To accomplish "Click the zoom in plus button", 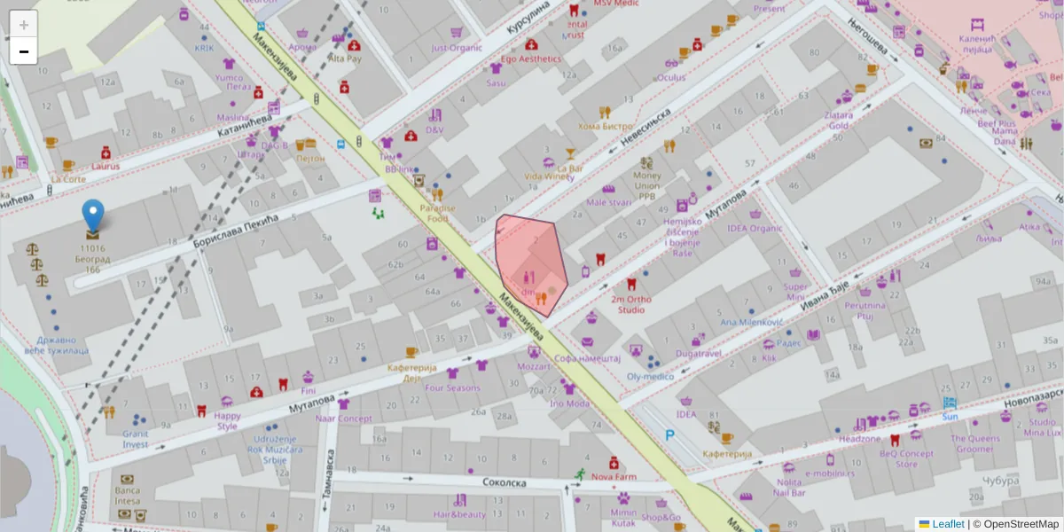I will coord(24,25).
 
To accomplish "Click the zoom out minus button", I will coord(24,51).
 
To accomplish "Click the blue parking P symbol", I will coord(671,435).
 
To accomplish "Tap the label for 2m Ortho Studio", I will coord(631,304).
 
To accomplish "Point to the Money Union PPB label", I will coord(647,186).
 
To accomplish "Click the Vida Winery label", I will coord(549,176).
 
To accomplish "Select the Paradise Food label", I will coord(438,213).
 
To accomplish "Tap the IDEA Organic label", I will coord(755,228).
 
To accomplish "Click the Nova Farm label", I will coord(614,476).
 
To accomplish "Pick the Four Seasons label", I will coord(452,387).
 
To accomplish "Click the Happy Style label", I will coord(227,420).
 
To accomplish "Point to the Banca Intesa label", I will coord(128,495).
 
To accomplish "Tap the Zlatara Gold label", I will coord(838,120).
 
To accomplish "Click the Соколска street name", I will coord(505,482).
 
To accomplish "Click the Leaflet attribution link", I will coord(947,524).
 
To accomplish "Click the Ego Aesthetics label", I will coord(531,59).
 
